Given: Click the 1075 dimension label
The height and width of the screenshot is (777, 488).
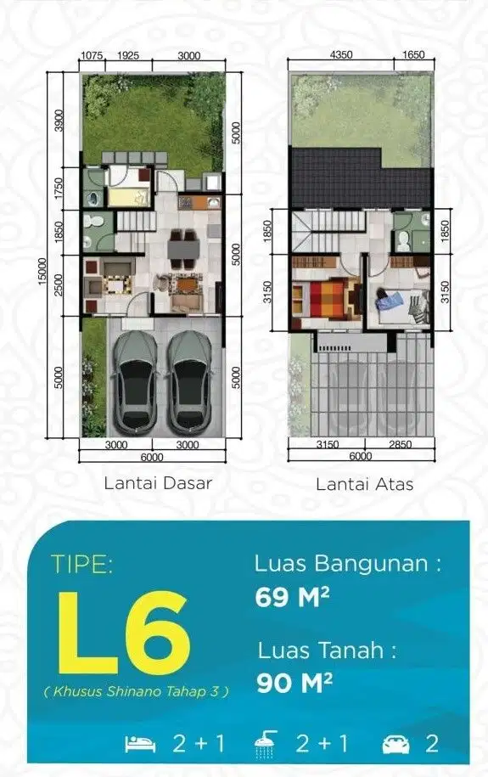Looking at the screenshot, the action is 92,55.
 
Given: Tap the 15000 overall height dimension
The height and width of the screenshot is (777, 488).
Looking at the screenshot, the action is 42,271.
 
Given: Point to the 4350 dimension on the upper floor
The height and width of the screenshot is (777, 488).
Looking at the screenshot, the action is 341,54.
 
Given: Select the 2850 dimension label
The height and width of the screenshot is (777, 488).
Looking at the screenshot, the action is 400,444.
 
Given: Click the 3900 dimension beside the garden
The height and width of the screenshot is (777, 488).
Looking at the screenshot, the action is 59,120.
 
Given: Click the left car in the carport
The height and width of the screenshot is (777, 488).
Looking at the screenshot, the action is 135,381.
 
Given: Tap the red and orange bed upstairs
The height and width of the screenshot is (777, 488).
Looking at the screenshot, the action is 328,299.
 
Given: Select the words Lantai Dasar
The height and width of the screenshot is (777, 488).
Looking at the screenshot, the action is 158,483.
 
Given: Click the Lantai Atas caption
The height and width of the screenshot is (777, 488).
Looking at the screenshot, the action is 365,484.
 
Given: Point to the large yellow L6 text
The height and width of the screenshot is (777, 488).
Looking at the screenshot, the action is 124,633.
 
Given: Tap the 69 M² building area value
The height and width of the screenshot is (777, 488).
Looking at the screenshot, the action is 292,597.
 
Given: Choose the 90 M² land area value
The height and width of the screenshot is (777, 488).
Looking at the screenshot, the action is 294,683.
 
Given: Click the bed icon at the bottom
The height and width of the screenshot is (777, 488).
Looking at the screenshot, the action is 140,744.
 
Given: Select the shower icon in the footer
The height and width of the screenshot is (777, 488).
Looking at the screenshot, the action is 266,744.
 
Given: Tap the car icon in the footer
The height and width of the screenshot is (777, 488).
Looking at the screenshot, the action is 395,744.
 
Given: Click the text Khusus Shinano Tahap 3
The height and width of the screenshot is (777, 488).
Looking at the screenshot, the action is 137,691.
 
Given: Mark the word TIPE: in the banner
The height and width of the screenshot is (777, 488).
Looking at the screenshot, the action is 81,564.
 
